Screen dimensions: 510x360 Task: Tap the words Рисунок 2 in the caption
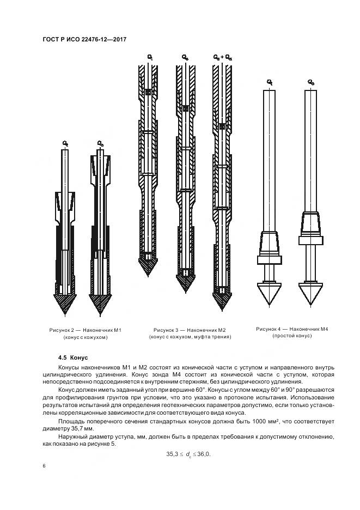point(61,330)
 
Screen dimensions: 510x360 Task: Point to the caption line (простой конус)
point(291,336)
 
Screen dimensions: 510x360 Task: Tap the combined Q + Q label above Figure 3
point(222,56)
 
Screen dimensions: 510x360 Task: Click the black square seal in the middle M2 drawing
point(186,109)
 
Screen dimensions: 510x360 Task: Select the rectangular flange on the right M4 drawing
point(310,240)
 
